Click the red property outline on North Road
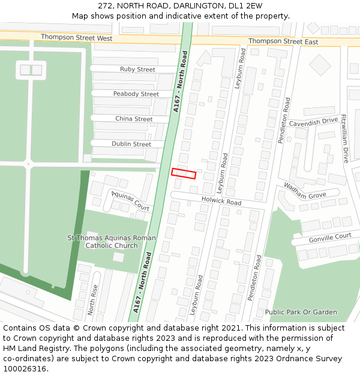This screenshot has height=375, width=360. (184, 173)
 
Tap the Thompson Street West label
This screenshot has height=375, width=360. (76, 38)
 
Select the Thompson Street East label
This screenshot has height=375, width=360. (283, 41)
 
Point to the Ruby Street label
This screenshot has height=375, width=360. (137, 70)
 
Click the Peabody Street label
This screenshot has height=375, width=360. (136, 94)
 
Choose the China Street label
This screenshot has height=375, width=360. (134, 119)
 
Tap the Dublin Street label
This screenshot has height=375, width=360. (131, 144)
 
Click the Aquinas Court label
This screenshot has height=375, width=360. (129, 200)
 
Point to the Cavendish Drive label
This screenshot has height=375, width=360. (313, 121)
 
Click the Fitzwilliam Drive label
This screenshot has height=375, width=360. (345, 139)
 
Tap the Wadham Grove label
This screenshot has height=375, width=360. (305, 191)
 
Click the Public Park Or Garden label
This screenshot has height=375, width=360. (301, 312)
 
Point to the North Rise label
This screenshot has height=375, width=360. (92, 299)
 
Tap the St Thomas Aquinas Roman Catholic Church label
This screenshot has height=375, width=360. (112, 242)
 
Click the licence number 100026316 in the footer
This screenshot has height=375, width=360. (25, 369)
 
